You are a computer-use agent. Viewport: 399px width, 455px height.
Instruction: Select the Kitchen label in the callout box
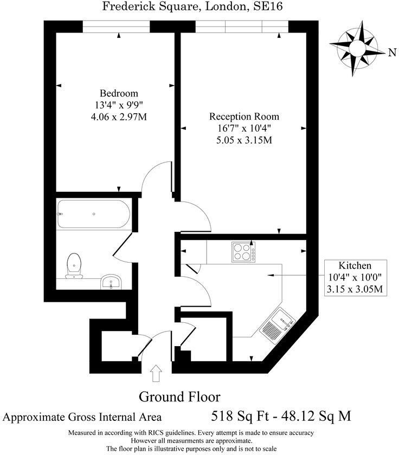point(355,266)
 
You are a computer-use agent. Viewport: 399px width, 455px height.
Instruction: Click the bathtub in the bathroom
point(93,214)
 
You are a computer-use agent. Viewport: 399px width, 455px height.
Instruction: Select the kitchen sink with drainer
point(278,326)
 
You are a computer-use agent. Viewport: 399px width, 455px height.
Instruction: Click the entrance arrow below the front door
point(156,373)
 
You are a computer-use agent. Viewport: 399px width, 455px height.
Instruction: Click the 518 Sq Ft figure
point(240,417)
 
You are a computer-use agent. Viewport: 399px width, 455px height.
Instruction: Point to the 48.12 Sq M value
point(317,417)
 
